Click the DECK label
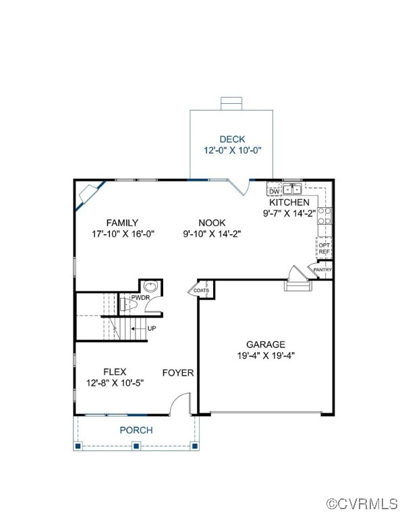coord(231,140)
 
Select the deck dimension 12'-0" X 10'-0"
coord(231,152)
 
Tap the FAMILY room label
coord(122,223)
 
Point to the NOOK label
coord(211,223)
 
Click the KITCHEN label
coord(289,202)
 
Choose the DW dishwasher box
coord(274,192)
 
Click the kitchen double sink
coord(292,189)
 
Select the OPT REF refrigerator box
coord(324,248)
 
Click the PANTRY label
coord(322,270)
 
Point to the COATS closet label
coord(201,291)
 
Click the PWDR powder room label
coord(140,297)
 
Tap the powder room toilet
coord(152,287)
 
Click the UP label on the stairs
coord(152,328)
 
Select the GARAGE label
coord(265,344)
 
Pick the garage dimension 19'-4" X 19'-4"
coord(265,355)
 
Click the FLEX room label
coord(115,372)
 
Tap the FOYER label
coord(177,372)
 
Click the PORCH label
coord(136,430)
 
